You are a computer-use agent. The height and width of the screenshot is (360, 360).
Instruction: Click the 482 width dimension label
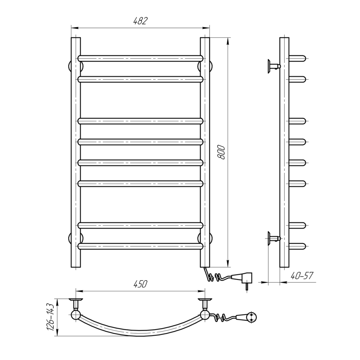pyautogui.click(x=140, y=21)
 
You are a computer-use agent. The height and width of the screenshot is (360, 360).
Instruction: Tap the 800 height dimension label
pyautogui.click(x=221, y=152)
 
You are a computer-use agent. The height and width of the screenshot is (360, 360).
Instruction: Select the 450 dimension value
pyautogui.click(x=140, y=284)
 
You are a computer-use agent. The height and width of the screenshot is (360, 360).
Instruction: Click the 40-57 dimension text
pyautogui.click(x=302, y=276)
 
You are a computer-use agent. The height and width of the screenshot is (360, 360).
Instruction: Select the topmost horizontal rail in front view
pyautogui.click(x=140, y=58)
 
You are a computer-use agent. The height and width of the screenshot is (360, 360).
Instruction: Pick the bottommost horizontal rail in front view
pyautogui.click(x=140, y=246)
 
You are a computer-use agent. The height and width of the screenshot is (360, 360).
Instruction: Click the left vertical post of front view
pyautogui.click(x=76, y=152)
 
